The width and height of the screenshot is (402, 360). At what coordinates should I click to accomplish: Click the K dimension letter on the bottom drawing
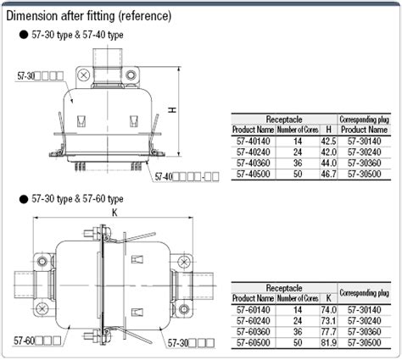[x=113, y=215]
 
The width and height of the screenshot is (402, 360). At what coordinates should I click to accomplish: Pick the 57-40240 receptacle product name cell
[x=254, y=151]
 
